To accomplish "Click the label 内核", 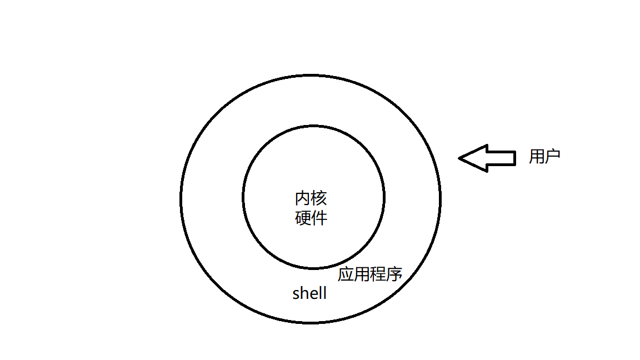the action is tap(311, 198).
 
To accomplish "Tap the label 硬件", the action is tap(311, 218).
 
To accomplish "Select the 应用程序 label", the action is tap(370, 274).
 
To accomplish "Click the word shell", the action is tap(310, 293).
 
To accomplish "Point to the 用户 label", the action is tap(544, 156).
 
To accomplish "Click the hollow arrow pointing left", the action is tap(487, 158).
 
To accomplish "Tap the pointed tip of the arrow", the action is tap(459, 158).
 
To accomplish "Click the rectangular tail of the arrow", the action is tap(502, 158).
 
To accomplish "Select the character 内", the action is tap(303, 198).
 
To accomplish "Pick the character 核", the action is tap(319, 198).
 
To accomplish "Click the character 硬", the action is tap(303, 218).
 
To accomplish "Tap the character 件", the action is tap(319, 218).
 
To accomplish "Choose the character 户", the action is tap(553, 156).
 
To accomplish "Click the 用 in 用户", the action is tap(537, 156).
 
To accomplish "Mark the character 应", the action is tap(346, 274).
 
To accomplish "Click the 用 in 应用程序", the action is tap(362, 274).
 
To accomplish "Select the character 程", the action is tap(378, 274).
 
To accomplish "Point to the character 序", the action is tap(394, 274).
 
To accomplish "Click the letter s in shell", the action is tap(296, 295).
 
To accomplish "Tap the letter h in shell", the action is tap(305, 293).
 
